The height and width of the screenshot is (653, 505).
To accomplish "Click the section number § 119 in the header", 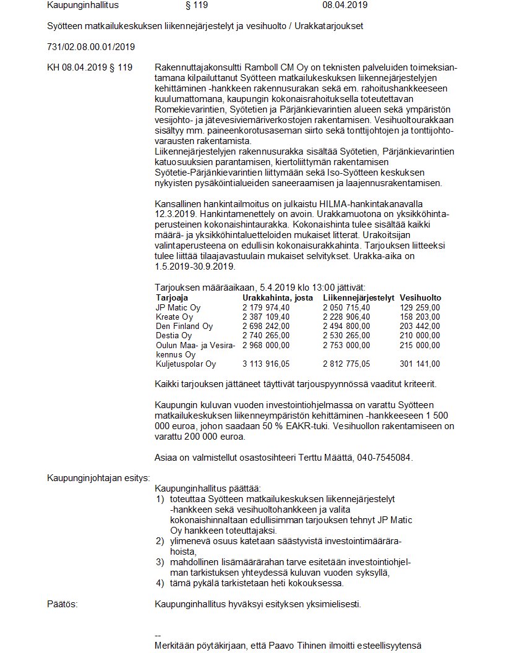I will [x=196, y=5].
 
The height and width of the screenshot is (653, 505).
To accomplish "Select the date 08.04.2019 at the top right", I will [x=345, y=5].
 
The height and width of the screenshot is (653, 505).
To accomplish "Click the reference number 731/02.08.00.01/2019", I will [x=91, y=47].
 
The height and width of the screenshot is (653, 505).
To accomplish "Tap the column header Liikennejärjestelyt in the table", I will [x=358, y=297].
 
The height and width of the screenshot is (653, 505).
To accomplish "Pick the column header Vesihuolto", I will [x=420, y=297].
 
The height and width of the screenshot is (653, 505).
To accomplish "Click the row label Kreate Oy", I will [x=175, y=317].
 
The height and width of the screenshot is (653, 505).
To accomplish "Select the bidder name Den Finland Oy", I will [x=184, y=326].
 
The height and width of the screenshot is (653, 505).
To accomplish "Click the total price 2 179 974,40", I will [x=266, y=307].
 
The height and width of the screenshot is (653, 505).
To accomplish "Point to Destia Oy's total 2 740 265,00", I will [x=266, y=335].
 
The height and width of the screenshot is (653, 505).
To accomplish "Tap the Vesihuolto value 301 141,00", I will [x=420, y=364].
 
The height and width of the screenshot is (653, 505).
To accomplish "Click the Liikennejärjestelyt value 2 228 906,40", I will [x=347, y=317].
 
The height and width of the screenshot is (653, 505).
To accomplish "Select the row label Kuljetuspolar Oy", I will [x=186, y=364].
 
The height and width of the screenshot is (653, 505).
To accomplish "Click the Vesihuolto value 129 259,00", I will [x=420, y=307].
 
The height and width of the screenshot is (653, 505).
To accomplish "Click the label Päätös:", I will [x=63, y=604].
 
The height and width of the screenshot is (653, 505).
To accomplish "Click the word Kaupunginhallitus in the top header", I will [x=82, y=5].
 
